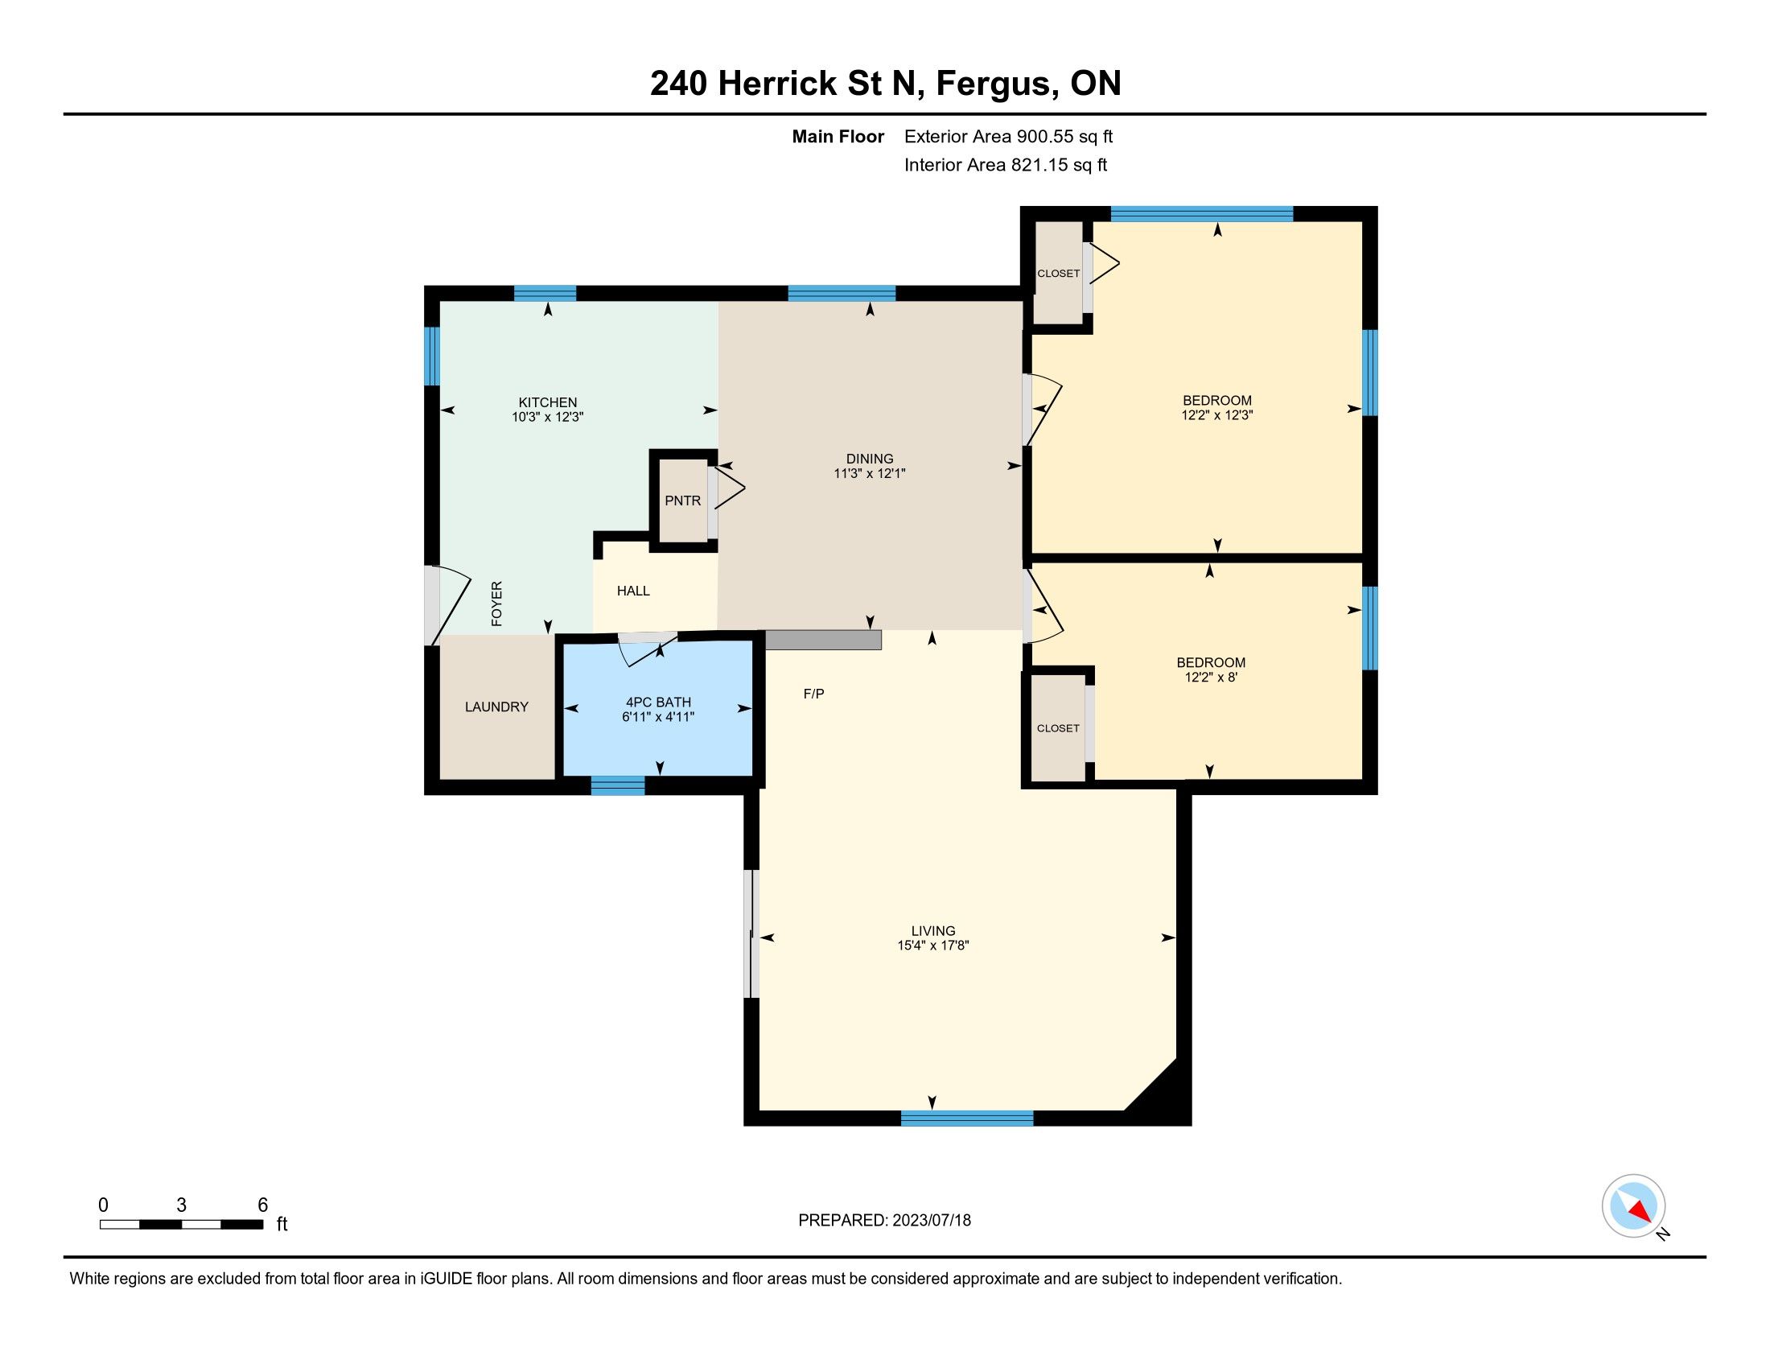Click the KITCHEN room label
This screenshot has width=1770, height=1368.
(x=548, y=403)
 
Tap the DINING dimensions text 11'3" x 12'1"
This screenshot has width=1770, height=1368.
(x=869, y=473)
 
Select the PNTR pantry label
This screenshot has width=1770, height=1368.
(x=682, y=501)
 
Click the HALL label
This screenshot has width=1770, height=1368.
(x=633, y=591)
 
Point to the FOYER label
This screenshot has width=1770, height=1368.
(x=496, y=604)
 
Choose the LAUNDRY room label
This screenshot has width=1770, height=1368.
(x=496, y=707)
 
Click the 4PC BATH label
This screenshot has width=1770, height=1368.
(x=658, y=703)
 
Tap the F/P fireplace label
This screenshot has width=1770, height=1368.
(x=813, y=694)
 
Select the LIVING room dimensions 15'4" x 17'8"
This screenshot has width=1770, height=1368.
(x=932, y=945)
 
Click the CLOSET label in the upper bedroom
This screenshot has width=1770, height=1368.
(x=1059, y=274)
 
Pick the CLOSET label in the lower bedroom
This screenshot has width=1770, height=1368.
(x=1059, y=728)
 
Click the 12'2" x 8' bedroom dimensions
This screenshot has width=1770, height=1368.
(x=1211, y=677)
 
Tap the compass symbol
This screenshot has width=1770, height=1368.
(x=1633, y=1205)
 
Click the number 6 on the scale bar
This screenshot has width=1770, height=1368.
(x=262, y=1205)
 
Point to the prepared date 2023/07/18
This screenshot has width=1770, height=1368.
(x=931, y=1221)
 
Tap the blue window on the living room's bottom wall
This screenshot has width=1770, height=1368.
(x=967, y=1119)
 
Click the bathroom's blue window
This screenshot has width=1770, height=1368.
(x=618, y=785)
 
